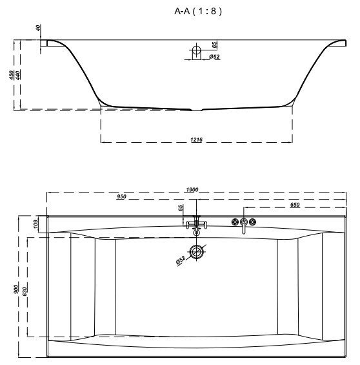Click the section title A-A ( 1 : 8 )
(x=198, y=11)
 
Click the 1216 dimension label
(x=196, y=140)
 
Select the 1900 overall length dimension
(x=192, y=190)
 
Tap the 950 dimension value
(x=121, y=196)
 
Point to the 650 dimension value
(x=295, y=205)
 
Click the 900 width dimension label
(x=15, y=289)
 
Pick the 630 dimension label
(x=25, y=291)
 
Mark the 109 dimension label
(x=35, y=224)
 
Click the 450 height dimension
(x=12, y=75)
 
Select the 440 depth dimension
(x=18, y=75)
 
